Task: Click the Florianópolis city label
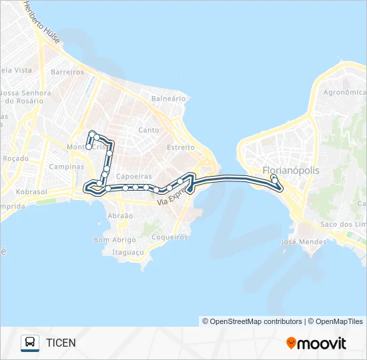291,171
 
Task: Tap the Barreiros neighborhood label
67,72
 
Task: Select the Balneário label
168,98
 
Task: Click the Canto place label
149,130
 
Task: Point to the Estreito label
180,147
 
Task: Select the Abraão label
120,216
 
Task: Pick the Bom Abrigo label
110,240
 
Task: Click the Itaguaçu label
128,252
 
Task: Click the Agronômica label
344,93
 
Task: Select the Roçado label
15,159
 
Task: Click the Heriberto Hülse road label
41,23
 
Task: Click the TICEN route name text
61,343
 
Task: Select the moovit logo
316,343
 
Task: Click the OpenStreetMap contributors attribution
252,321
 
